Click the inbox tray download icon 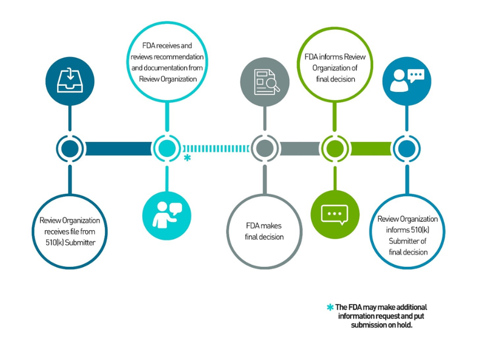tap(69, 81)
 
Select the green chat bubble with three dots tap(335, 214)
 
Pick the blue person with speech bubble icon tap(406, 81)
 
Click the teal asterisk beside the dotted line tap(187, 159)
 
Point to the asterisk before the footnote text tap(330, 308)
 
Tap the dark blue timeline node tap(70, 149)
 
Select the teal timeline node tap(167, 149)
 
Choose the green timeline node tap(335, 149)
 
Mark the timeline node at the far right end tap(406, 149)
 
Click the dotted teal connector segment tap(216, 149)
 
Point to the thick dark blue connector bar tap(118, 149)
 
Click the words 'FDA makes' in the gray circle tap(264, 226)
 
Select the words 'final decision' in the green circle tap(335, 79)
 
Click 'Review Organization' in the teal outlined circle tap(168, 79)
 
